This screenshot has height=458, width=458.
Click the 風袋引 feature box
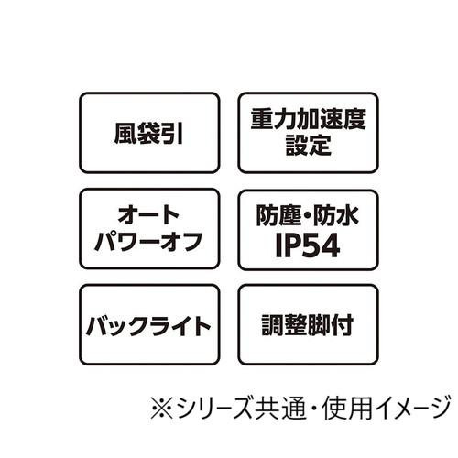pyautogui.click(x=149, y=133)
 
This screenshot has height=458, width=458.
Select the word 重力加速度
pyautogui.click(x=309, y=119)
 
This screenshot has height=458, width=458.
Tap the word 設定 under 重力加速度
pyautogui.click(x=309, y=145)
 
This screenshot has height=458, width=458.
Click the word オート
pyautogui.click(x=148, y=215)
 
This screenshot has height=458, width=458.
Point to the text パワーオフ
pyautogui.click(x=148, y=241)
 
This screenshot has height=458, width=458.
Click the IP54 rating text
pyautogui.click(x=308, y=245)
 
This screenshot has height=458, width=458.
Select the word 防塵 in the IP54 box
pyautogui.click(x=278, y=215)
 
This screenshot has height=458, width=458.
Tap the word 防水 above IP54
pyautogui.click(x=336, y=215)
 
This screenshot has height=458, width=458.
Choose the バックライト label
pyautogui.click(x=148, y=326)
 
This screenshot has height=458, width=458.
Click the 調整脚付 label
pyautogui.click(x=308, y=325)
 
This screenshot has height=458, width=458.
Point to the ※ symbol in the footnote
pyautogui.click(x=162, y=408)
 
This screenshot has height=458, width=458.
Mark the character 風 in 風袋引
pyautogui.click(x=125, y=133)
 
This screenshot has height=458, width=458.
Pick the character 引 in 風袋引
pyautogui.click(x=172, y=133)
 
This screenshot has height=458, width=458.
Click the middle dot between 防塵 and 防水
pyautogui.click(x=307, y=216)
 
